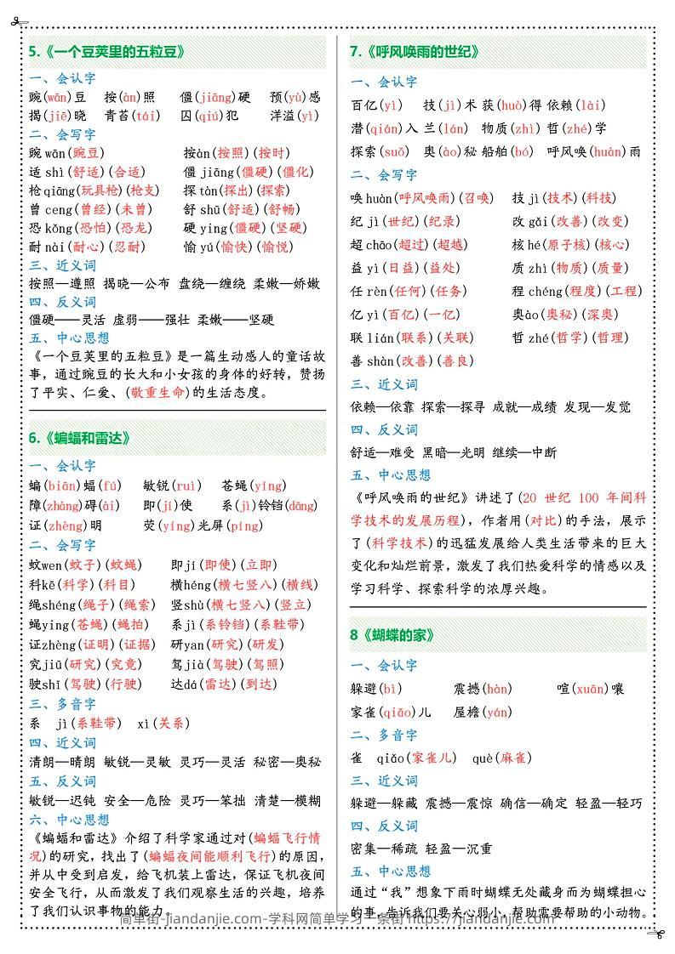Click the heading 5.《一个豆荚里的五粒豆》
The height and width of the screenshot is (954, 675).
[106, 52]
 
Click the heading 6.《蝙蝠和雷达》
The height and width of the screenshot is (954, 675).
[80, 438]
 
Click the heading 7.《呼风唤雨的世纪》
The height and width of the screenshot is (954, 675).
[415, 52]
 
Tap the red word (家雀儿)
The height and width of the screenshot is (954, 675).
[435, 758]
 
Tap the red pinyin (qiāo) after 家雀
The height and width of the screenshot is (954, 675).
[398, 713]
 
